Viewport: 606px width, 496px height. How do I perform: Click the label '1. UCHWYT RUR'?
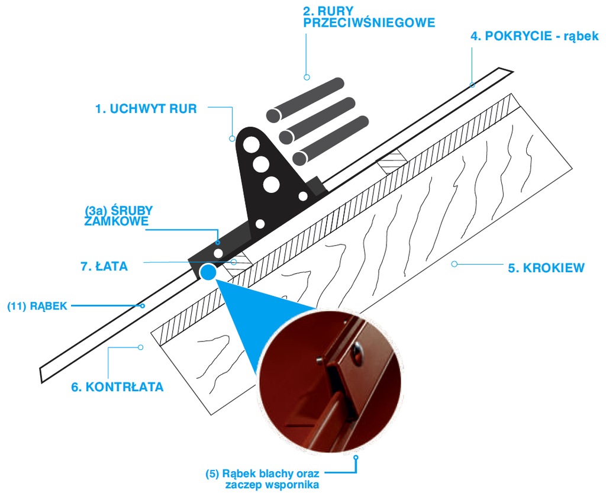146,109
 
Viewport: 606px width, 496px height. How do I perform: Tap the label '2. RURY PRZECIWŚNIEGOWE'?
369,17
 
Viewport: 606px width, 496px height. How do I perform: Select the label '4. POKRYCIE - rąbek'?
534,36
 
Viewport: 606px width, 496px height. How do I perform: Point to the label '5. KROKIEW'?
546,268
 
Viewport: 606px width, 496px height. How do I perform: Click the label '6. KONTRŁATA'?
118,387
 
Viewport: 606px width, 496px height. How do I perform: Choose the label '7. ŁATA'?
104,266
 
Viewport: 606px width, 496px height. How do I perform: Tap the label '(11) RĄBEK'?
37,306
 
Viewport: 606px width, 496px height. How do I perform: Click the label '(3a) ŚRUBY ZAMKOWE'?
118,215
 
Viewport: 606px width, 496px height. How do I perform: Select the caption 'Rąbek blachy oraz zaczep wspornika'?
262,479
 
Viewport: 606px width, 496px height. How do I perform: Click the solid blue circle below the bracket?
208,272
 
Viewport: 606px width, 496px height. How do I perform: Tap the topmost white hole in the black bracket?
251,144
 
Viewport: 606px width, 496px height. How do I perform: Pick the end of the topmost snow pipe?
273,115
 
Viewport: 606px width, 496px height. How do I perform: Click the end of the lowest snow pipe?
299,159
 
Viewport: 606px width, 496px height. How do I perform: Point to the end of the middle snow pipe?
286,137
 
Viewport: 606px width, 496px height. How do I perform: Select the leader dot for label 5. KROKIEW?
454,264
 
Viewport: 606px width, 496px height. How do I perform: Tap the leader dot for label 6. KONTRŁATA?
141,347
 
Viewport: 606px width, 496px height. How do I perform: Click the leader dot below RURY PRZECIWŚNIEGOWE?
307,78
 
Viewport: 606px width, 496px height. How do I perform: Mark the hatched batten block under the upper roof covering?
393,161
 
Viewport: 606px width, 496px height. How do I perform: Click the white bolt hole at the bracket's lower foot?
219,253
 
